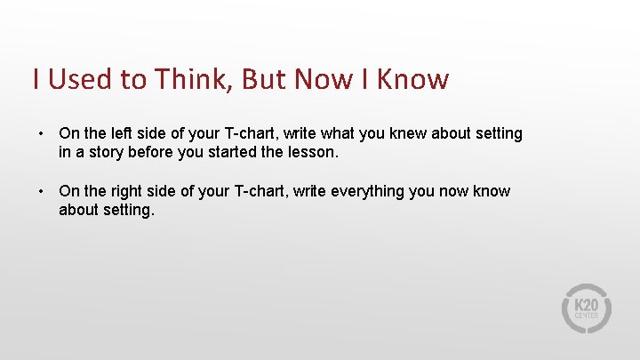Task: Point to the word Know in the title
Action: pyautogui.click(x=413, y=79)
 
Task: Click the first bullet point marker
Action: pyautogui.click(x=41, y=133)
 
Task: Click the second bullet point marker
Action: pyautogui.click(x=41, y=191)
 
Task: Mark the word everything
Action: pyautogui.click(x=368, y=191)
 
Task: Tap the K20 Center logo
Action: pyautogui.click(x=587, y=308)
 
